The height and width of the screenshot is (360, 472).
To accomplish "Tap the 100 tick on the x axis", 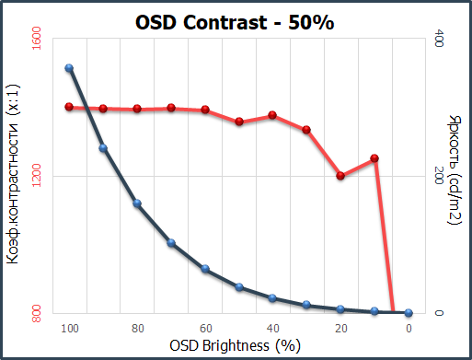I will click(x=69, y=328).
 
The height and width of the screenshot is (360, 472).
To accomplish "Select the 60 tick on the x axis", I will click(x=205, y=328).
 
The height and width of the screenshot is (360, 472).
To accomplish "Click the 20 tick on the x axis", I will click(x=341, y=328).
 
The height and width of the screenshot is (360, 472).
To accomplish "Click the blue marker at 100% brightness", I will click(x=69, y=68).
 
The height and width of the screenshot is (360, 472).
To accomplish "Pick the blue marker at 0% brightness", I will click(x=409, y=313).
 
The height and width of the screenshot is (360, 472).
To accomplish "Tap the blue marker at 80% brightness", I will click(x=137, y=203).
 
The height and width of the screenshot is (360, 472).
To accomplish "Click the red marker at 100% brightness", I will click(x=69, y=107).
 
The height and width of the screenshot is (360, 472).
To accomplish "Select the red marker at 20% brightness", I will click(x=340, y=176).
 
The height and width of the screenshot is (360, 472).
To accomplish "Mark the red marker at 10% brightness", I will click(x=374, y=158).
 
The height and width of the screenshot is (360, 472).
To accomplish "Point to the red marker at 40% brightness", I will click(x=272, y=115).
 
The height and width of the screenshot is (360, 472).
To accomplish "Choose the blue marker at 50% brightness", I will click(x=239, y=287).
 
